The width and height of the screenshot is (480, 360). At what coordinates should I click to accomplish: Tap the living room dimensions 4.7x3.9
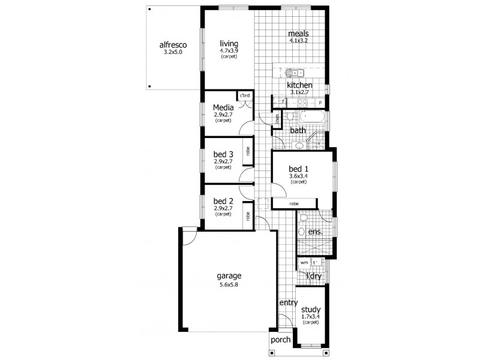229,51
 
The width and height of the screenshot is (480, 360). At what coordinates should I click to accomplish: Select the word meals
298,34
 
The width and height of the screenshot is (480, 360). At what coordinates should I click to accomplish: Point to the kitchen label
299,85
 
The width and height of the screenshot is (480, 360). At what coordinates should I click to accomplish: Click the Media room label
223,108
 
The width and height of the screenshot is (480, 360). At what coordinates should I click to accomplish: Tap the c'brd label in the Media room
245,96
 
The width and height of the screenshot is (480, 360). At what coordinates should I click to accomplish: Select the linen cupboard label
278,119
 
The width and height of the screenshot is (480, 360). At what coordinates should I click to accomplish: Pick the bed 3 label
223,154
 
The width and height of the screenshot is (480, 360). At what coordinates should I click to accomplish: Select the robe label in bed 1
293,204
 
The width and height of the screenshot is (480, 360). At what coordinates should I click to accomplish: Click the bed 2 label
223,200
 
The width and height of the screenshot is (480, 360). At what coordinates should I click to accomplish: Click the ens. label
315,231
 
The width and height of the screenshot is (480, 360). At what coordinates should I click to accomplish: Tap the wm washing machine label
304,262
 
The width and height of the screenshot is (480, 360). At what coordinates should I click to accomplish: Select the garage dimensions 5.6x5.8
229,285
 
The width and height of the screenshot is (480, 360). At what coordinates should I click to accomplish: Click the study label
311,310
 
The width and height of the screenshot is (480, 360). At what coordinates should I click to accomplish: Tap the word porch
280,339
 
